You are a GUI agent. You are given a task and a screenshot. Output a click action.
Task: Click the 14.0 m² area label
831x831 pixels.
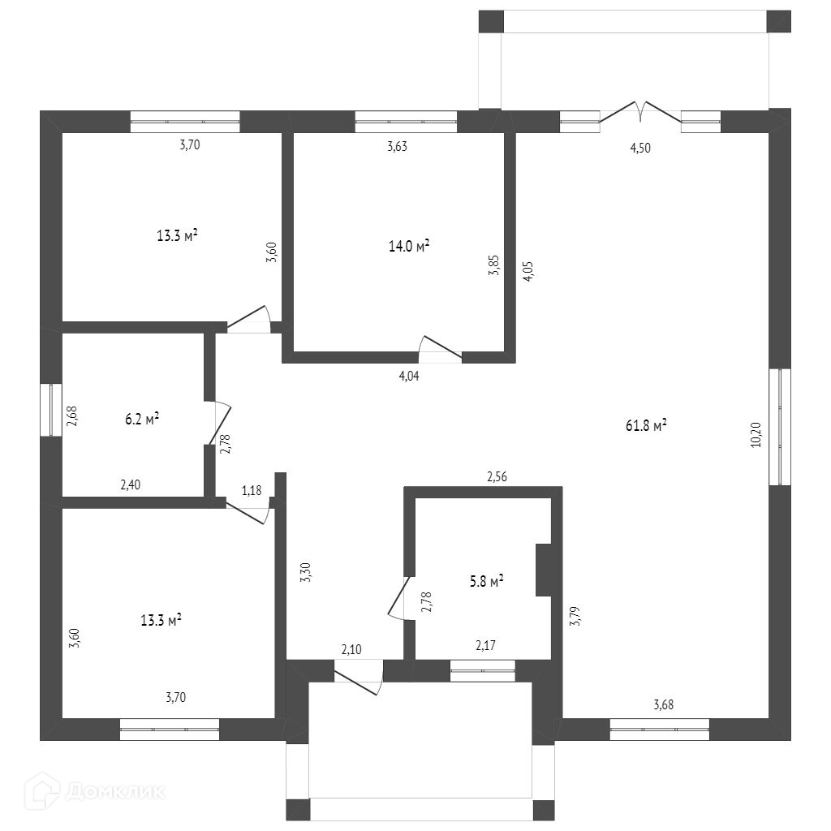[409, 246]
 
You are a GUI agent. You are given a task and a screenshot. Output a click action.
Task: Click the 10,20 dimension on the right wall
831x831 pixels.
[756, 434]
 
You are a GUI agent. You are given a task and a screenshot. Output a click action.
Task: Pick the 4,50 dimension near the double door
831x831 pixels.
[640, 148]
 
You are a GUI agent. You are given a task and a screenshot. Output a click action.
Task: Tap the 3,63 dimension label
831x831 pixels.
[406, 146]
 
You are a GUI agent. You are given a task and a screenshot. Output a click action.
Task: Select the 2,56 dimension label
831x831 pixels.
[497, 477]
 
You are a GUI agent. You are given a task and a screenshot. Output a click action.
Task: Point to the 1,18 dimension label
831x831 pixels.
[252, 490]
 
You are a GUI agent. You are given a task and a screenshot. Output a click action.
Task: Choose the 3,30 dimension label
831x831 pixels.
[305, 572]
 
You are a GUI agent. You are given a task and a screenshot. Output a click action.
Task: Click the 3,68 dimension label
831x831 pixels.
[664, 704]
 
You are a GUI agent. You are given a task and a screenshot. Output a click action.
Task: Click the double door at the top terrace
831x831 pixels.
[640, 114]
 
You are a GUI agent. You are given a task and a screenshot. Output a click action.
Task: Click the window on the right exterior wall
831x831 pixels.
[780, 427]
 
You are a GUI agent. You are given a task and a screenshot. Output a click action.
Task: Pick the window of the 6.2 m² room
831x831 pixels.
[51, 410]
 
